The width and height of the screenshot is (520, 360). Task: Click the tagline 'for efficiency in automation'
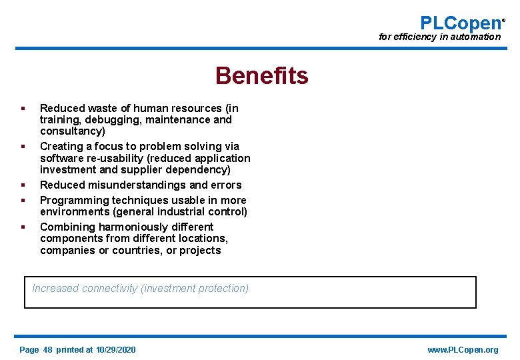pos(439,37)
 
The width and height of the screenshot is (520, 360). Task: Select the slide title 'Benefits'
pos(261,76)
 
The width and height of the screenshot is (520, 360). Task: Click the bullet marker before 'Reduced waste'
pos(23,108)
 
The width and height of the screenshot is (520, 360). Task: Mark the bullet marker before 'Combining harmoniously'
pos(23,227)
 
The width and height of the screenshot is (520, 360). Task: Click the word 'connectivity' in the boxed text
pos(110,289)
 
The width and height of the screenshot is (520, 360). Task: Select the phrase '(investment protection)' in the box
pos(195,289)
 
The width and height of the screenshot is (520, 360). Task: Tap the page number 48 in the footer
pos(47,350)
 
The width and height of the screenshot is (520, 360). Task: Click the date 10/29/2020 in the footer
pos(115,350)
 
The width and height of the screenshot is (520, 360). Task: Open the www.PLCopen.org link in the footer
pos(463,350)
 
